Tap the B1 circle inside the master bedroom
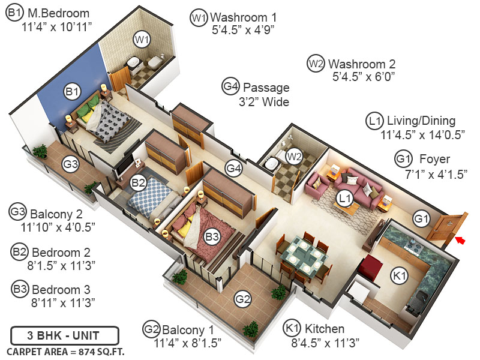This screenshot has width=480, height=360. tap(72, 92)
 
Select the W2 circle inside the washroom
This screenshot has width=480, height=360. tap(294, 157)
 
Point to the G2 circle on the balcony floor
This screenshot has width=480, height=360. tap(242, 298)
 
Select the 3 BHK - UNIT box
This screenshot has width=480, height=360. tap(65, 334)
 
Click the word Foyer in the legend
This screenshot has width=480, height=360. tap(434, 160)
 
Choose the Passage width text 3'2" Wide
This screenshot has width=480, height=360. tap(264, 102)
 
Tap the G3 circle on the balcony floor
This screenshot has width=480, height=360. tap(71, 164)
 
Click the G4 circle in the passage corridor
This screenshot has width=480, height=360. tap(234, 169)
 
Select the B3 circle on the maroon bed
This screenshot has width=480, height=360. tap(212, 238)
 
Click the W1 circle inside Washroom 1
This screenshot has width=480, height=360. tap(142, 40)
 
